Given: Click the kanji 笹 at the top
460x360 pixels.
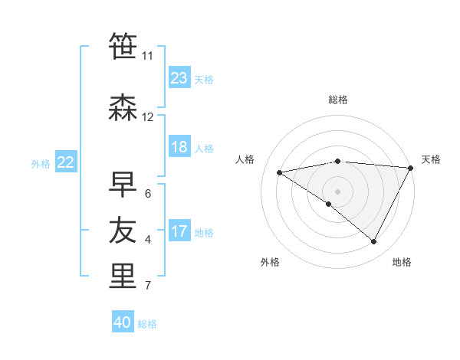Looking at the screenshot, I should (x=123, y=46).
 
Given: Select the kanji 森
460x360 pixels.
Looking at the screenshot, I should (x=123, y=108).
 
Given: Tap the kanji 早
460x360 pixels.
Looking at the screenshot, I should (x=123, y=183).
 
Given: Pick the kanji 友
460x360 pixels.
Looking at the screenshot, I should (x=123, y=230).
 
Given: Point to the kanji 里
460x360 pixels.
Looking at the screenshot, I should (x=123, y=276).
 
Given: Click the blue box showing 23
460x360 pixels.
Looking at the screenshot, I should (x=179, y=77).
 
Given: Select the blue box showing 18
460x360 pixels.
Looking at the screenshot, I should (x=179, y=147).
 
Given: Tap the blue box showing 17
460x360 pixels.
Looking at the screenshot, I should (x=179, y=231).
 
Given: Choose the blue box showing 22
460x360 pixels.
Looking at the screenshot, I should (x=66, y=162).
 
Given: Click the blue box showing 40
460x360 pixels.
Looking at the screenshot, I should (x=123, y=322).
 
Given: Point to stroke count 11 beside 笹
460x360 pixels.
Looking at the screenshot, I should (x=147, y=56).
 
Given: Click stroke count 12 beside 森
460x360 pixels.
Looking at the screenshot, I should (x=148, y=117).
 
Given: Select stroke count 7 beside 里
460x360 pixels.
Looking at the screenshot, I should (x=147, y=286).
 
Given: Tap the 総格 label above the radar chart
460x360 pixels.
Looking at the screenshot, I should (x=338, y=100).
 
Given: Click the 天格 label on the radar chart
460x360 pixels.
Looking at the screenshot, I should (x=431, y=159).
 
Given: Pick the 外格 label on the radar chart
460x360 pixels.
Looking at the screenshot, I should (x=270, y=262).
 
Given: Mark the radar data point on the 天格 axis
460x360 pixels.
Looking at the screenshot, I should (x=411, y=167).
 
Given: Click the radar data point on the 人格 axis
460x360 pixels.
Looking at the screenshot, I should (x=279, y=172).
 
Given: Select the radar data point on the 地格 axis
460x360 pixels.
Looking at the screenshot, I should (x=374, y=242).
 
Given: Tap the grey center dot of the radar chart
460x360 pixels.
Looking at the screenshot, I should (x=337, y=191).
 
